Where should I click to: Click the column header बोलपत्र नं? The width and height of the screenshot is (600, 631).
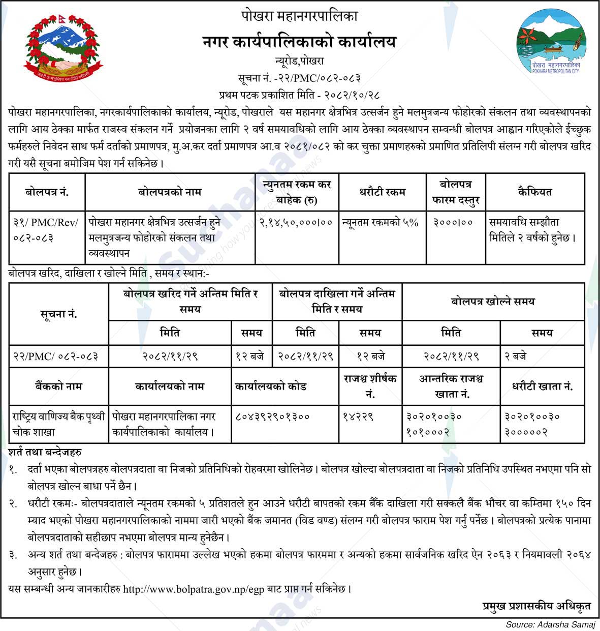pos(47,192)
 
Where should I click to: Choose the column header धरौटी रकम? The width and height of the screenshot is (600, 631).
pos(382,192)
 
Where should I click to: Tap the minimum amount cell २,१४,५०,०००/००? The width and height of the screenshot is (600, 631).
pos(296,222)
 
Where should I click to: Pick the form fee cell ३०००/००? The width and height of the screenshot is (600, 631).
pos(453,222)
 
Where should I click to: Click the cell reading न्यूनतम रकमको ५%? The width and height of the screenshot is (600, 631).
pos(380,222)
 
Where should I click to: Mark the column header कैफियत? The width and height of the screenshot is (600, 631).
pos(534,192)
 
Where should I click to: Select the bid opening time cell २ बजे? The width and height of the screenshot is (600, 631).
pos(515,356)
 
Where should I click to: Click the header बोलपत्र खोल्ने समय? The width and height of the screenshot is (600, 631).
pos(493,302)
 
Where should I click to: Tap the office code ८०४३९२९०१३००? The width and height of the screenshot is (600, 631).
pos(272,416)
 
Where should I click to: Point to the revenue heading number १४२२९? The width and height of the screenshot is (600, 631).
pos(359,416)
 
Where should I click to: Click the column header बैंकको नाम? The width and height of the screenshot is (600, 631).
pos(58,386)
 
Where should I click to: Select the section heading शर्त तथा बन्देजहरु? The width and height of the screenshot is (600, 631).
pos(45,452)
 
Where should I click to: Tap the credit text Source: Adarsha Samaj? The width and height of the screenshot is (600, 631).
pos(550,624)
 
